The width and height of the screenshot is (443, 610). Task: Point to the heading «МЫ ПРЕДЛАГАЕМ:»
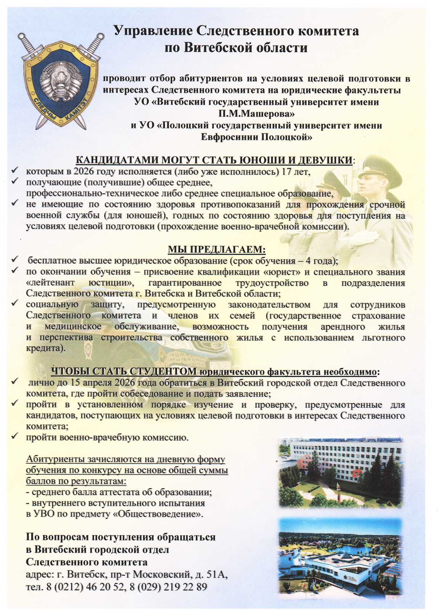pos(217,250)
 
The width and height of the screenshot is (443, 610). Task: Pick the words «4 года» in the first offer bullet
pos(321,261)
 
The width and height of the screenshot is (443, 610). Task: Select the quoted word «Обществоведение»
pos(158,514)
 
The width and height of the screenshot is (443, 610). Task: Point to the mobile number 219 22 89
pos(186,587)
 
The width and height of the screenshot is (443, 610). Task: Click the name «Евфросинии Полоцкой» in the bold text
pos(256,137)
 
